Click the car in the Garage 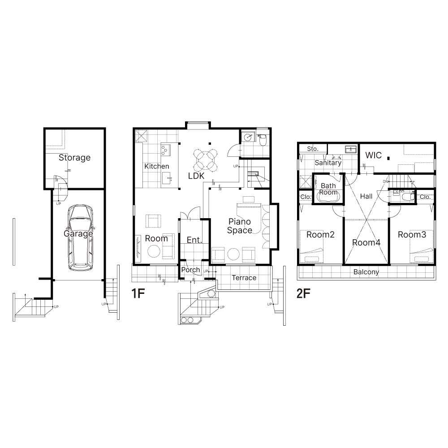click(x=81, y=237)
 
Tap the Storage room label click(x=74, y=158)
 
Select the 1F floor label click(x=138, y=293)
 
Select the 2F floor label click(x=303, y=293)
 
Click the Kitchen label click(x=156, y=166)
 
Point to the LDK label click(x=196, y=176)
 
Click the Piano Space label click(x=240, y=226)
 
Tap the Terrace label click(x=244, y=278)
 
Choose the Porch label click(x=190, y=270)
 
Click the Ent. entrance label click(x=194, y=240)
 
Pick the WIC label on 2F click(x=374, y=155)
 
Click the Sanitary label click(x=328, y=163)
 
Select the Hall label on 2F click(x=366, y=196)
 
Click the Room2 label click(x=320, y=235)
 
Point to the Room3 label click(x=412, y=235)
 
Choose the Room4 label click(x=366, y=243)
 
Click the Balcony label click(x=366, y=272)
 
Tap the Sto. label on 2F click(x=313, y=149)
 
